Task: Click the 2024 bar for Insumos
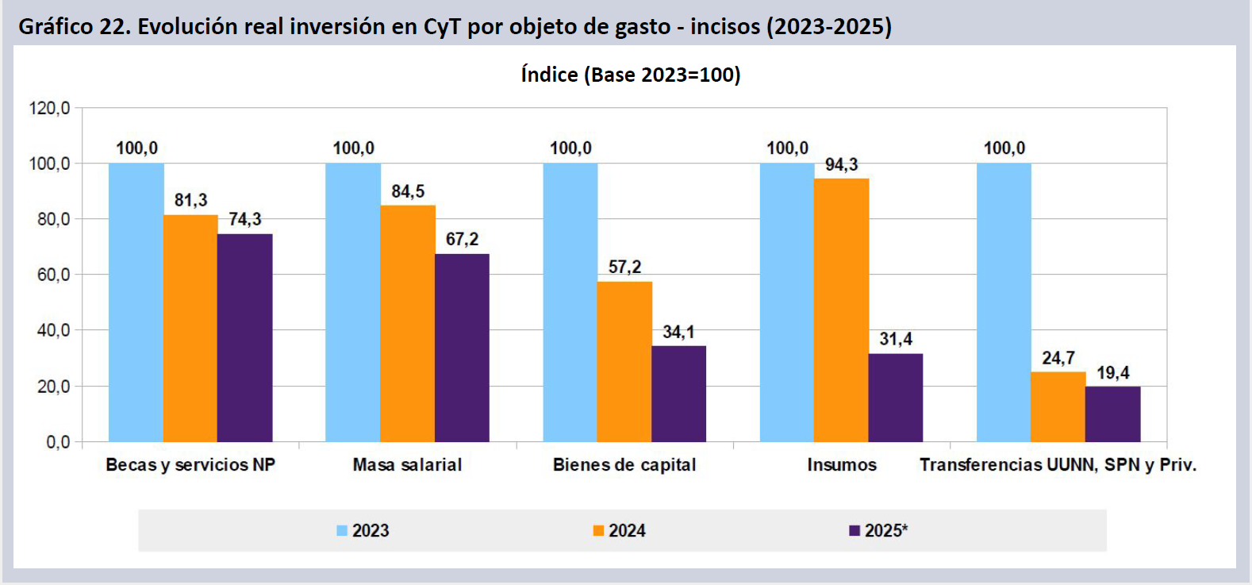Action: [841, 310]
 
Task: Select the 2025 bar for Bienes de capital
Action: [678, 394]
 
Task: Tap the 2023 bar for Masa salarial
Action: [353, 302]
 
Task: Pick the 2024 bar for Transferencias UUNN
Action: [1058, 406]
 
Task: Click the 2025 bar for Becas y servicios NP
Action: [245, 337]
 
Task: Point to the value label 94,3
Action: [841, 165]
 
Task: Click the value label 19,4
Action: [1112, 373]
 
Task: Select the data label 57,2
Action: [624, 267]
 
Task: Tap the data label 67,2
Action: [462, 240]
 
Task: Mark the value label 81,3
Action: [190, 200]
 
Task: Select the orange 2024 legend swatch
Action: [598, 531]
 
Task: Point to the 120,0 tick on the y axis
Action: [49, 108]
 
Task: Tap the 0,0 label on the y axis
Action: [57, 442]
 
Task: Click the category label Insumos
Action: [841, 465]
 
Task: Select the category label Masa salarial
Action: [407, 465]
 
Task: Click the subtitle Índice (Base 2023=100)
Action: [630, 75]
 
